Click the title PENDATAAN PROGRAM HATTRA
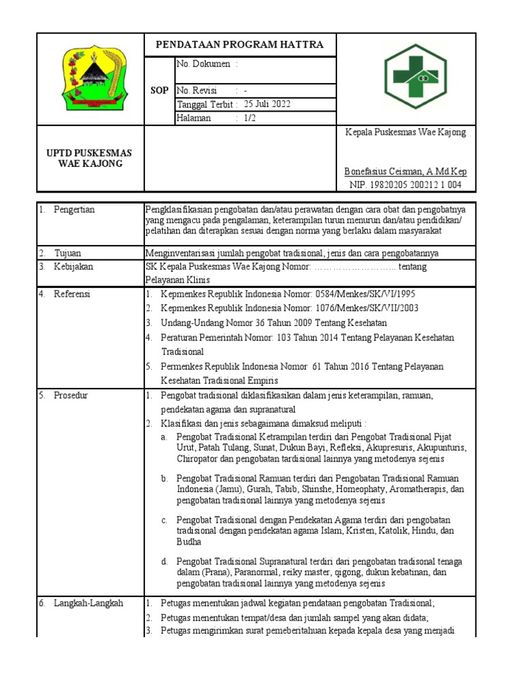click(x=240, y=45)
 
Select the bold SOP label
click(x=159, y=91)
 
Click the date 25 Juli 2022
click(x=267, y=104)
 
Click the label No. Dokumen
click(x=204, y=64)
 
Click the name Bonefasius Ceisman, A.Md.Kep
click(x=405, y=172)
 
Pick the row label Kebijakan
click(x=74, y=267)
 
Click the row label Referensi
click(x=72, y=294)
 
